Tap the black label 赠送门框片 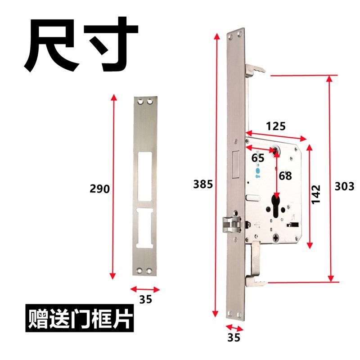pos(79,319)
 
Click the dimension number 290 pos(100,189)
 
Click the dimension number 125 pos(275,126)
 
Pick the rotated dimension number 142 pos(316,194)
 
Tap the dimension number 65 pos(258,158)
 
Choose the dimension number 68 pos(285,175)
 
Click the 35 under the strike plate pos(145,299)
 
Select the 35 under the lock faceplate pos(234,336)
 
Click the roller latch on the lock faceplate pos(232,224)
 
